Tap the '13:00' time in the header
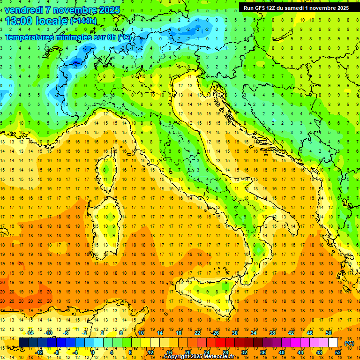pos(19,21)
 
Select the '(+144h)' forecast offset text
pos(83,21)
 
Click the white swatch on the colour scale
pos(333,343)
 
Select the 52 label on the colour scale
pos(338,352)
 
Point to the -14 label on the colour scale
pos(30,332)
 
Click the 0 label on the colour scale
pos(93,352)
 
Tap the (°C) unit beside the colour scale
pos(349,343)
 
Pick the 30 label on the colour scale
pos(234,332)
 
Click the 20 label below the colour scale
pos(188,352)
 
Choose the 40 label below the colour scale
pos(281,352)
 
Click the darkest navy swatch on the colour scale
pos(23,343)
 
